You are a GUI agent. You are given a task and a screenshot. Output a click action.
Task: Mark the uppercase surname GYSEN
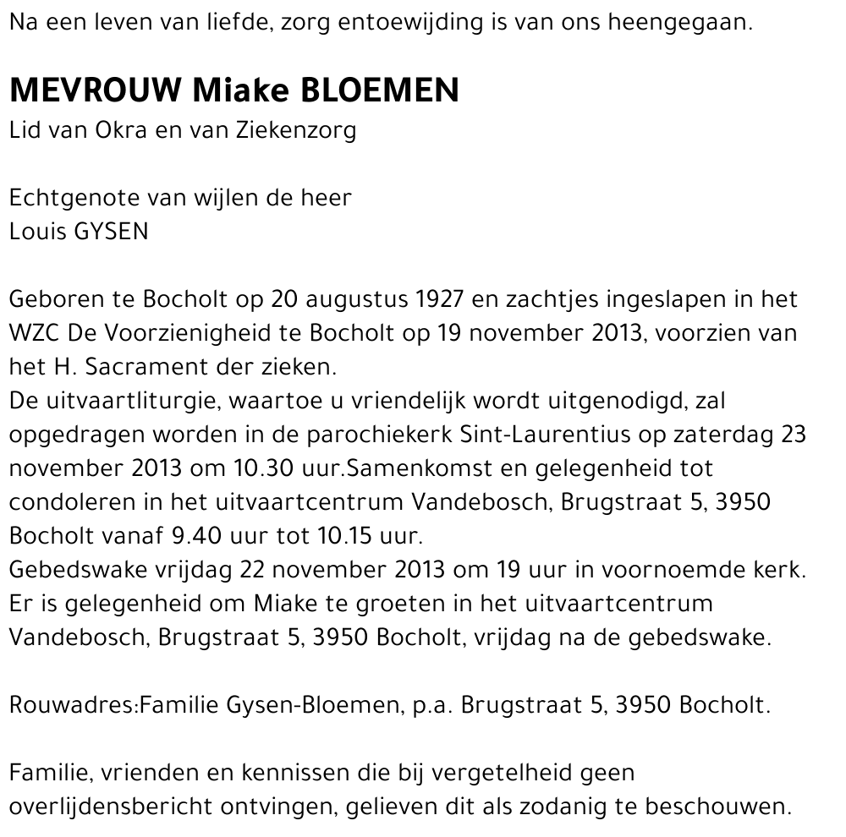coord(112,232)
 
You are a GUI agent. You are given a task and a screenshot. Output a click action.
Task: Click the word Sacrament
coord(118,367)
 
